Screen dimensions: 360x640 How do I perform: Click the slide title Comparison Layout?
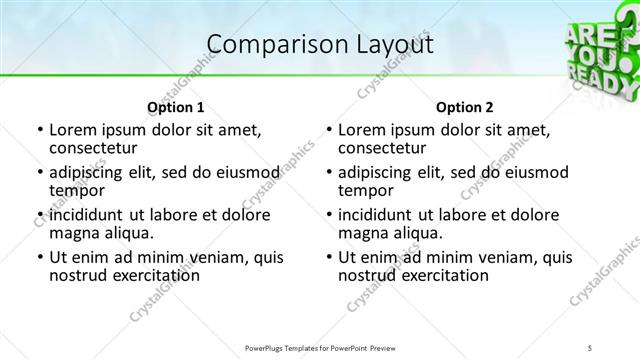click(x=320, y=45)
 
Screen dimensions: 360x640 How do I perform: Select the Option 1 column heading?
click(x=175, y=107)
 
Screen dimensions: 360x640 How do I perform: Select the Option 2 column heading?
click(x=465, y=107)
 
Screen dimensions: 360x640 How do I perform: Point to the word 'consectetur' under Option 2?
click(x=383, y=149)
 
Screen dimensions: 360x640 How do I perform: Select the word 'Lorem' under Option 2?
click(x=363, y=130)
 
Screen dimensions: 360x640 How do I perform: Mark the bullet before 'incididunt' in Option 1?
click(x=39, y=215)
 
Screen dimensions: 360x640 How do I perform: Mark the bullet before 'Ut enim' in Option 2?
click(x=328, y=257)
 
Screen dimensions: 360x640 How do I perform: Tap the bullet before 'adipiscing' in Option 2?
click(x=328, y=173)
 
